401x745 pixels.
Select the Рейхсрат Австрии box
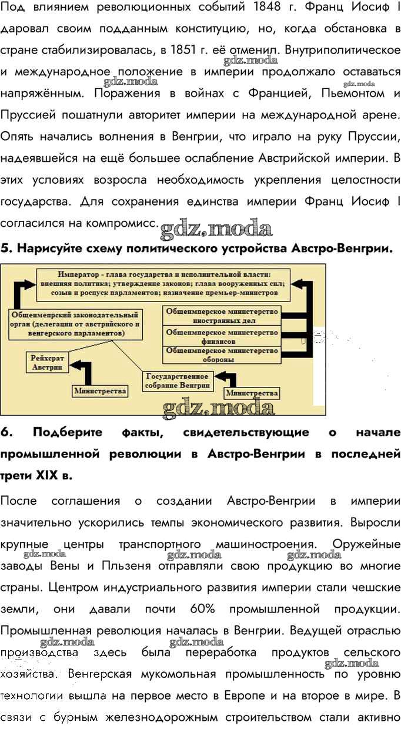[47, 363]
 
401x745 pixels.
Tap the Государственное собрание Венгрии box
[178, 381]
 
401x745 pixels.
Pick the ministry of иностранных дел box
[222, 316]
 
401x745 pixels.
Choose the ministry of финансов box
[222, 336]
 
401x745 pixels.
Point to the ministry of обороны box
[222, 355]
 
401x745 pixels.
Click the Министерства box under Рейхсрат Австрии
[100, 391]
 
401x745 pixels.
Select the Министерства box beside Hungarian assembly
[252, 393]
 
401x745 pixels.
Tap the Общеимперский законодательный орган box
[75, 325]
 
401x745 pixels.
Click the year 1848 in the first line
[267, 7]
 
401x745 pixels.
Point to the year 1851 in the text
[183, 50]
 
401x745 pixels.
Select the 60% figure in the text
[202, 609]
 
